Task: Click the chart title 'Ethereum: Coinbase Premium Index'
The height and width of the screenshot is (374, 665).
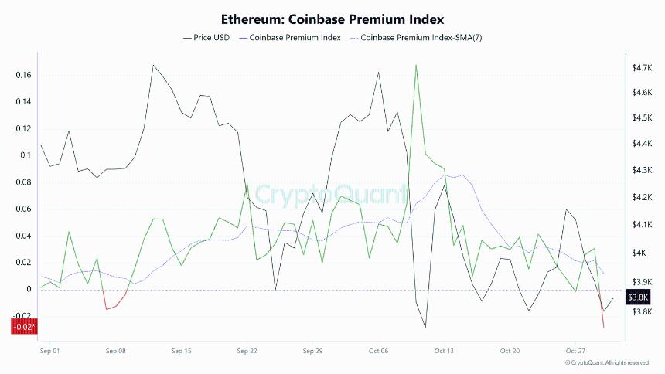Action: (x=332, y=18)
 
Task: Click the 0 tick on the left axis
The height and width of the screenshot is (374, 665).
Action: (x=29, y=290)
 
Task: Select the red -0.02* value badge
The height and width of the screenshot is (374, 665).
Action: (x=23, y=327)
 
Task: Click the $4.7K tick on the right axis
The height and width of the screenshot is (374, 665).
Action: (x=643, y=68)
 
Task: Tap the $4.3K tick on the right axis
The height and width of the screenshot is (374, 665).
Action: (x=643, y=170)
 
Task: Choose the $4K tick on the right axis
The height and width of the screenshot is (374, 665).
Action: (x=639, y=253)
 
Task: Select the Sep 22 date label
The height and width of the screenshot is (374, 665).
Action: (x=247, y=350)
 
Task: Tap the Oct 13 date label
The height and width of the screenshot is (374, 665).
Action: (x=444, y=350)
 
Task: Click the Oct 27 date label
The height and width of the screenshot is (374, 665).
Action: (x=575, y=350)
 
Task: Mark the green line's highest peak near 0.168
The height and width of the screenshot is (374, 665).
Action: (x=416, y=65)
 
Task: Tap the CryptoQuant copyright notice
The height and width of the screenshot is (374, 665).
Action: (x=606, y=362)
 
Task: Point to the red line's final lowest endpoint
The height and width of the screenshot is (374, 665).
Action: (x=604, y=328)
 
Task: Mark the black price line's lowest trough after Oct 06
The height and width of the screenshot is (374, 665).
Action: (x=425, y=327)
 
